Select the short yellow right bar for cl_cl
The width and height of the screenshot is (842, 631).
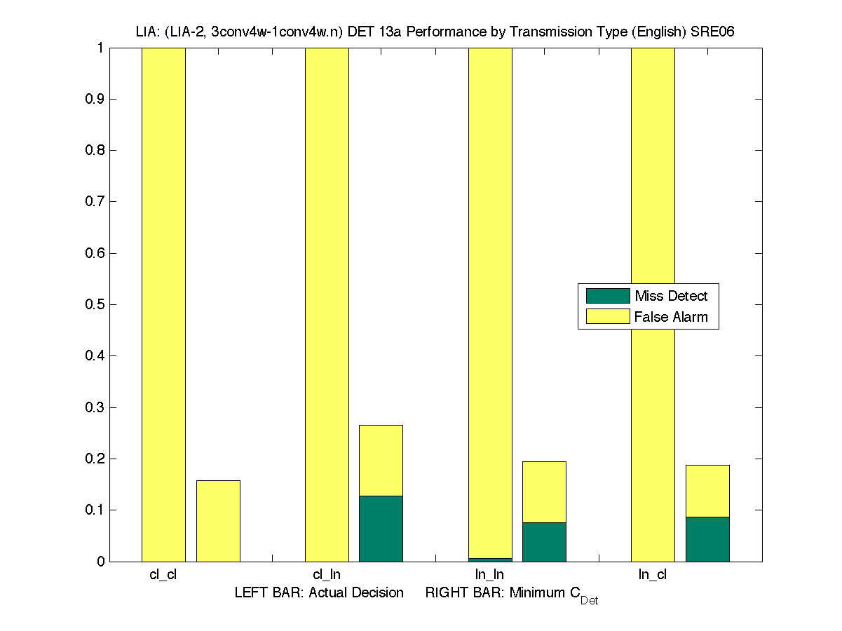(x=218, y=521)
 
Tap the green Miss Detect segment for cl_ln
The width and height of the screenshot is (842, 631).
(x=381, y=529)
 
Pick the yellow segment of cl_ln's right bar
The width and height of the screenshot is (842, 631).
(x=381, y=460)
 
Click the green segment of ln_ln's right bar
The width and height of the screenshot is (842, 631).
(x=544, y=542)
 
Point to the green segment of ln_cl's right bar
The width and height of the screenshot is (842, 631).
(x=707, y=539)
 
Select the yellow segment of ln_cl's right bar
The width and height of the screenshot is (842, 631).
(x=707, y=491)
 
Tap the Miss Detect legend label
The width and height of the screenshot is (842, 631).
(x=671, y=296)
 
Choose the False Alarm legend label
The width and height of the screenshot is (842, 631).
(x=671, y=317)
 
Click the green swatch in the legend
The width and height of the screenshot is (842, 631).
(x=608, y=296)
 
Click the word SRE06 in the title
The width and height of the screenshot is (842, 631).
(x=712, y=32)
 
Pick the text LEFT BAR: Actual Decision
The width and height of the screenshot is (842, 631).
(x=319, y=592)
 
